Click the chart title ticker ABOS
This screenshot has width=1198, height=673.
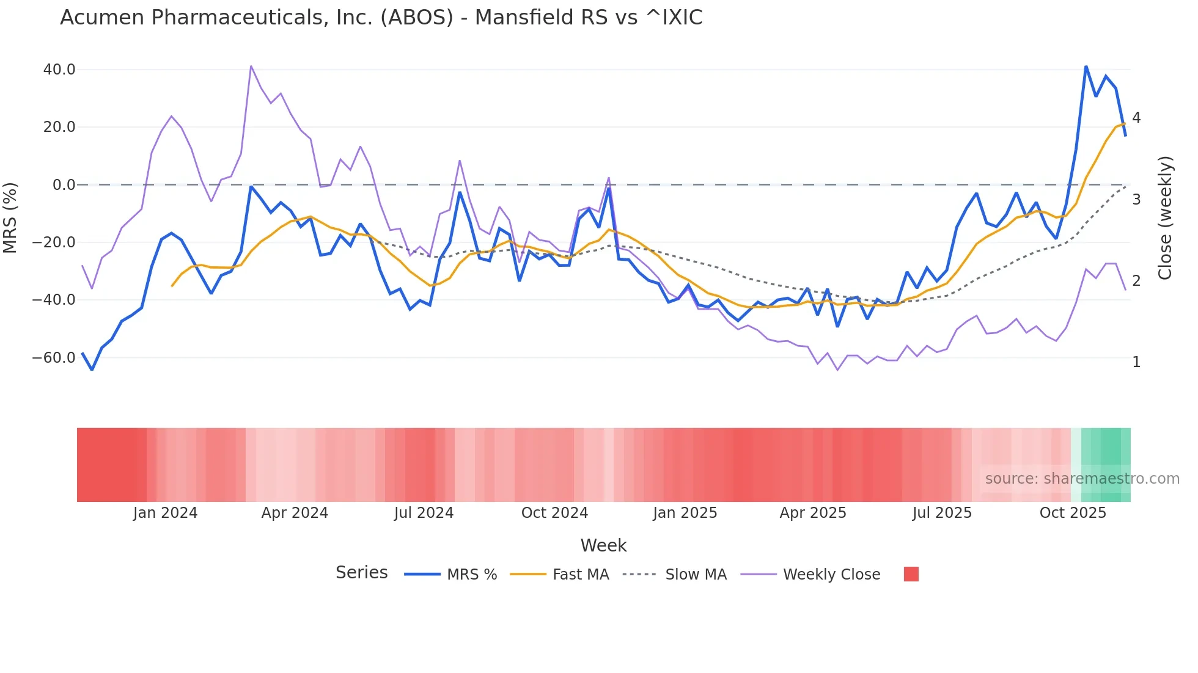416,18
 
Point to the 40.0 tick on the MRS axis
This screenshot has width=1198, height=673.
59,70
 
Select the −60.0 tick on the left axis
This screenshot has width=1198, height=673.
54,357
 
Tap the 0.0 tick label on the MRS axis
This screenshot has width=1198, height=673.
64,184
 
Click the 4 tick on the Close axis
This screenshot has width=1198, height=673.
1136,117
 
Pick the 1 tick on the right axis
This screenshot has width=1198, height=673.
1136,362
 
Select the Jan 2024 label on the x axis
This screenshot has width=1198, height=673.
165,513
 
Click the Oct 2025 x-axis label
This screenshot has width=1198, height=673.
1073,513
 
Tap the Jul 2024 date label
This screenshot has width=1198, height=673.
424,513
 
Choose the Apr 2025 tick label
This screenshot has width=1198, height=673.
813,513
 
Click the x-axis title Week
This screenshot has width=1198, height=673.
603,545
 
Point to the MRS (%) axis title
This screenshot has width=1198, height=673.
10,217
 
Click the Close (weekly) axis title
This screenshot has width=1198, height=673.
1165,217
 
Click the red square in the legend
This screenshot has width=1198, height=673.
911,574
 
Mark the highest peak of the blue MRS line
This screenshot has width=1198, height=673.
1086,66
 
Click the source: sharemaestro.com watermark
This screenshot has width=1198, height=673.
1082,479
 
